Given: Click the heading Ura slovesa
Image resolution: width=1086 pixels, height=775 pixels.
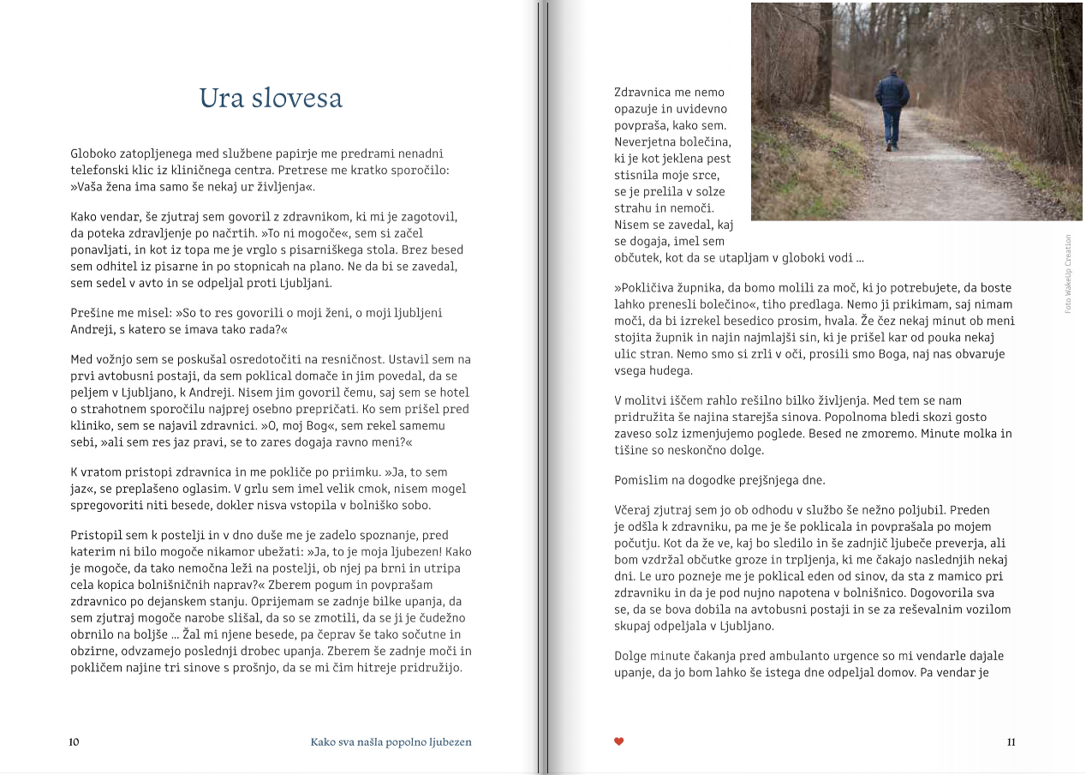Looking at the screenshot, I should [x=271, y=99].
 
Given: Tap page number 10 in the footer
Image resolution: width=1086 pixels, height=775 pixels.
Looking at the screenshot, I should [x=75, y=742].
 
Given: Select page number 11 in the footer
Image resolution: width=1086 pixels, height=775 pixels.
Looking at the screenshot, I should [x=1011, y=742].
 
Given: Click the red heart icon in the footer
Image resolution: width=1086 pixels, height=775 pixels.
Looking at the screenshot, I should [x=619, y=742].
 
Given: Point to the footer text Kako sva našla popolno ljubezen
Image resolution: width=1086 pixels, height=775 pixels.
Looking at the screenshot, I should [x=391, y=742].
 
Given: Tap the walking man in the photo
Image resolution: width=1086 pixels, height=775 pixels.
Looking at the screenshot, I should [x=892, y=107].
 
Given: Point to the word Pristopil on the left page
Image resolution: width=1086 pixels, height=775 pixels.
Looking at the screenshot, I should [x=96, y=535].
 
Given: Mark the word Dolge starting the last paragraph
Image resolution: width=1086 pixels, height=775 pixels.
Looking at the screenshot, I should [x=632, y=656].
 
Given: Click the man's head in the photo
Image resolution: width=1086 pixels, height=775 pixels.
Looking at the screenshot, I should [x=892, y=72].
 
